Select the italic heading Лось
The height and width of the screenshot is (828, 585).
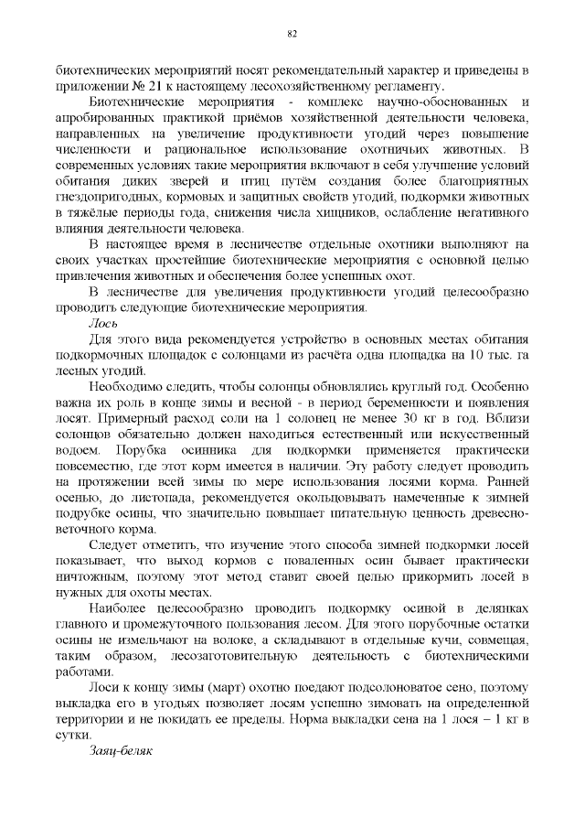[101, 323]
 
